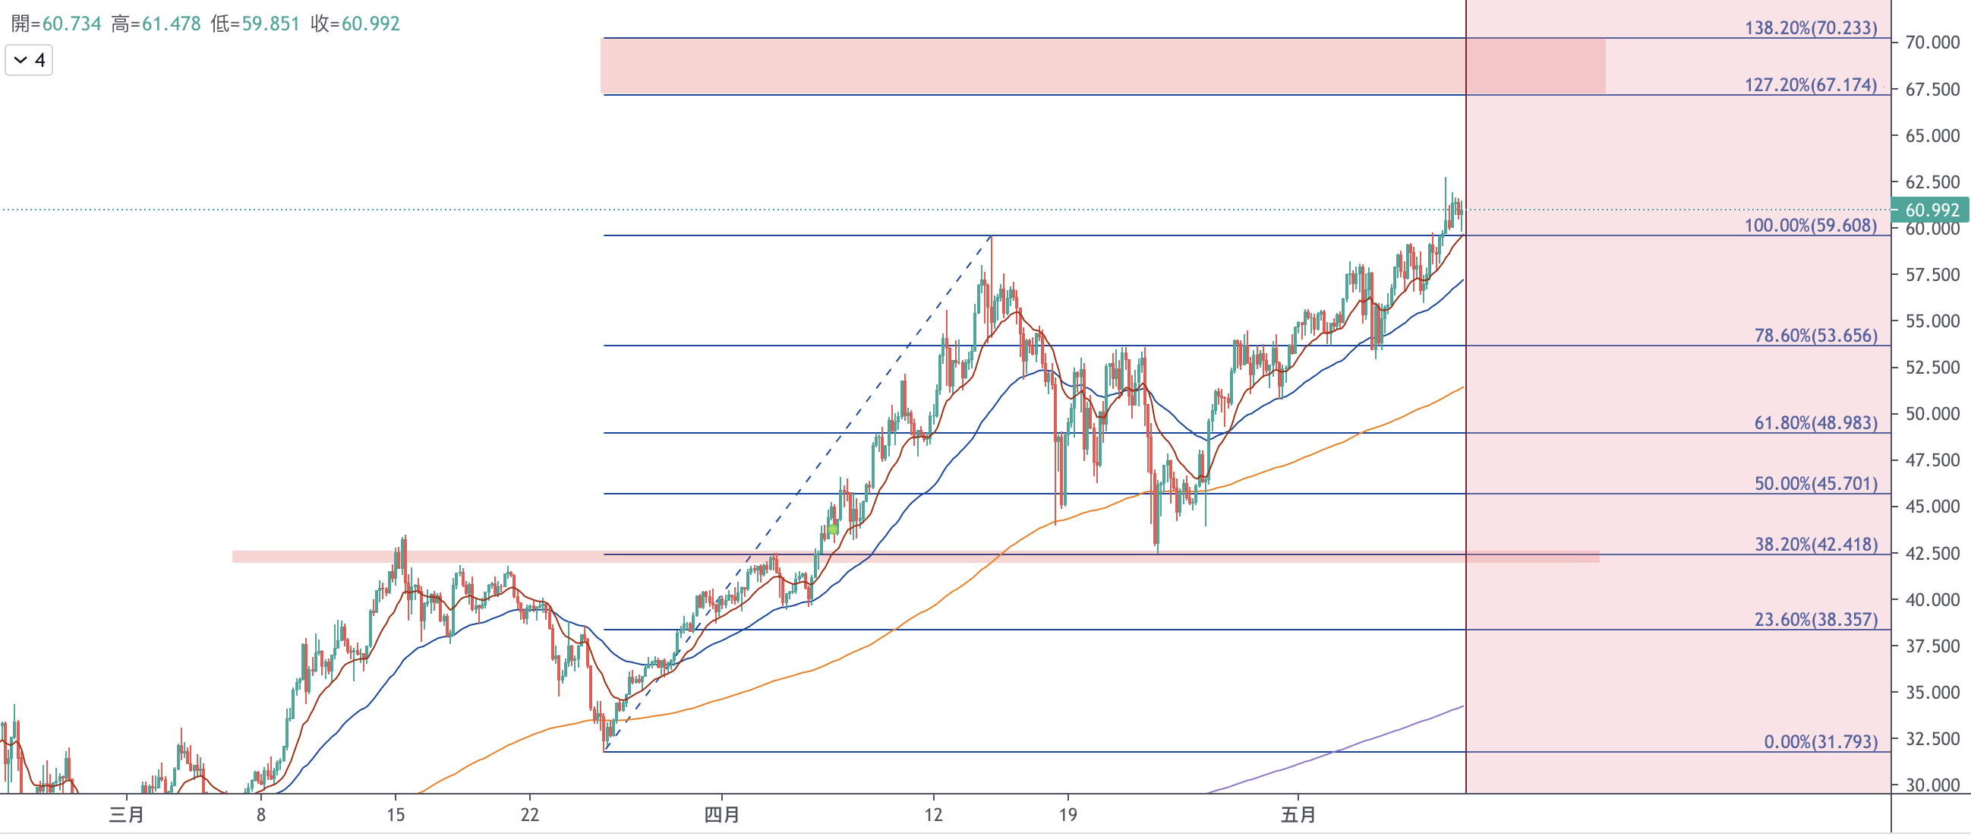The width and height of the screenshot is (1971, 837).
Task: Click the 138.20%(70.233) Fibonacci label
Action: tap(1810, 27)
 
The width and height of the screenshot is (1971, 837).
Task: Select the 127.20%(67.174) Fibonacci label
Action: tap(1810, 84)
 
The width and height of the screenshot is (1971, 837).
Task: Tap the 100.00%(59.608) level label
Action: tap(1810, 225)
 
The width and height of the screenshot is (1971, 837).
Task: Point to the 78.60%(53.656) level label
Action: tap(1815, 335)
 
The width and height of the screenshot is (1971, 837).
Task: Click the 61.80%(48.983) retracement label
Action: tap(1815, 422)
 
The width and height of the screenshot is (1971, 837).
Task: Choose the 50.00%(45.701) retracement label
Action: tap(1815, 483)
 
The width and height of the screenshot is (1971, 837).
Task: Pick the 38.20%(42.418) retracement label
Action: tap(1815, 544)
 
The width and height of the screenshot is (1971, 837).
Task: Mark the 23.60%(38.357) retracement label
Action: tap(1815, 619)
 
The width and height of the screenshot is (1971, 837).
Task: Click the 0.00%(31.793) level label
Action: tap(1821, 741)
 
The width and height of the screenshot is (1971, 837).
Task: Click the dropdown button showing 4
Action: tap(29, 60)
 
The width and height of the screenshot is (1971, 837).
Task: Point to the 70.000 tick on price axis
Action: tap(1932, 42)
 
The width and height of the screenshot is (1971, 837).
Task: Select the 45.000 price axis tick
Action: tap(1932, 507)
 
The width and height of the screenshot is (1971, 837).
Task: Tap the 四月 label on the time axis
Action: tap(721, 815)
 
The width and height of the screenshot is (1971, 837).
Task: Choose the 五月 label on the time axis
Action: tap(1298, 815)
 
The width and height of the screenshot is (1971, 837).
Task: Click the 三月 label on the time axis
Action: tap(126, 815)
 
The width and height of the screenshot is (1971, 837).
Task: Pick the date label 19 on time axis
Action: tap(1068, 815)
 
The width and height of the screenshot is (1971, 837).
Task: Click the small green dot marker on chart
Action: tap(832, 529)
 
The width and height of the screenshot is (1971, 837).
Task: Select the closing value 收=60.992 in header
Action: tap(355, 24)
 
